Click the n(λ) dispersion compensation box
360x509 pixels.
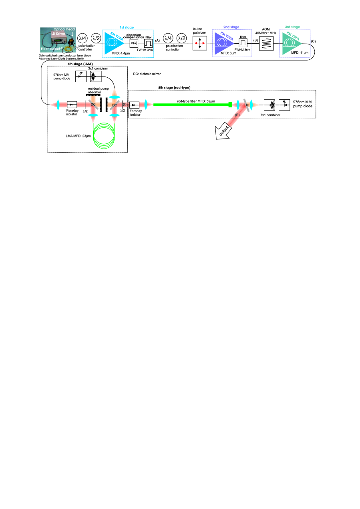134,42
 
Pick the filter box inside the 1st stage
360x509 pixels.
149,42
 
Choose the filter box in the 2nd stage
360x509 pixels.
243,42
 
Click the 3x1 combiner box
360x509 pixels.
96,74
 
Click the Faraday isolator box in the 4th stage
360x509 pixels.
72,105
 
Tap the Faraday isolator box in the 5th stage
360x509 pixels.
135,105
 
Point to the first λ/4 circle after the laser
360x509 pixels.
82,38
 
